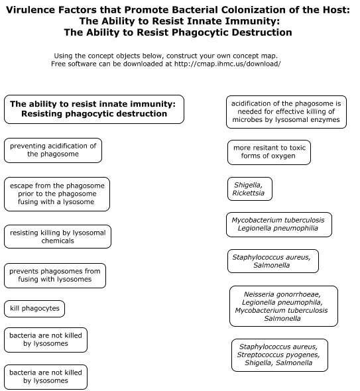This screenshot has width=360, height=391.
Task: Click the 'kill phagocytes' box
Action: coord(34,309)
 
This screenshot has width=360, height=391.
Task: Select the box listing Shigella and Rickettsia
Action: coord(250,189)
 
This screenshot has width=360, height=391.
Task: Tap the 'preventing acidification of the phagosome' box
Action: coord(53,150)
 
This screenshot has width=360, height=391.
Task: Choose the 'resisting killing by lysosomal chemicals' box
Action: coord(58,237)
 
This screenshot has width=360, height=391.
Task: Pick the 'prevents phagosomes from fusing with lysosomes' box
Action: coord(55,276)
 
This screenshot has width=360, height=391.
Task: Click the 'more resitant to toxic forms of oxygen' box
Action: coord(269,152)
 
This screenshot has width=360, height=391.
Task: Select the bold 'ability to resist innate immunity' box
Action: coord(94,109)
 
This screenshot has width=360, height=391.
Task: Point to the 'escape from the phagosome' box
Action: coord(57,194)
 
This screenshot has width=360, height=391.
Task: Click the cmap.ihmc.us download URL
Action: coord(227,64)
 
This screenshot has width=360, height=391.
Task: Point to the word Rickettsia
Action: coord(248,193)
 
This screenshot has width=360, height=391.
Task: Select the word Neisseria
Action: coord(257,294)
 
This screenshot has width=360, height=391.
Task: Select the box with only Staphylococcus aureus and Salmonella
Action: coord(273,261)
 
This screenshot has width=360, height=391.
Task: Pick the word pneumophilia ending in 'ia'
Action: coord(297,229)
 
